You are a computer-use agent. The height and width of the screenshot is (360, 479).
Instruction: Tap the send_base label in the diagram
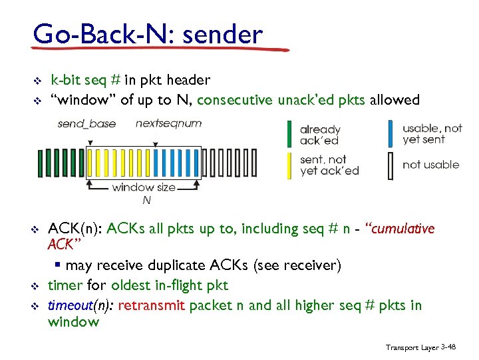(86, 123)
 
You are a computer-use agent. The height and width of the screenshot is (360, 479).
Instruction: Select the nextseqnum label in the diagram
(168, 123)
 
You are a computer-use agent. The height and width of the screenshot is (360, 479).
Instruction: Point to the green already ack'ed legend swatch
(289, 133)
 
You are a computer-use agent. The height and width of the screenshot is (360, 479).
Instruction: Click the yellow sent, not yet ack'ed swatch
(289, 165)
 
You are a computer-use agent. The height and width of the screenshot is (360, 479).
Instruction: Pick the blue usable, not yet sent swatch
(391, 133)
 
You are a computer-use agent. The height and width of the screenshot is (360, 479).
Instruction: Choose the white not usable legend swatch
(391, 165)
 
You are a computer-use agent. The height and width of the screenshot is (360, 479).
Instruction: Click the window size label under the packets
(144, 187)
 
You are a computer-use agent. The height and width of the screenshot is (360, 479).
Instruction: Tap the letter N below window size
(146, 199)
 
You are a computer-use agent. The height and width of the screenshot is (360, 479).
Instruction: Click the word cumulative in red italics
(403, 229)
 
